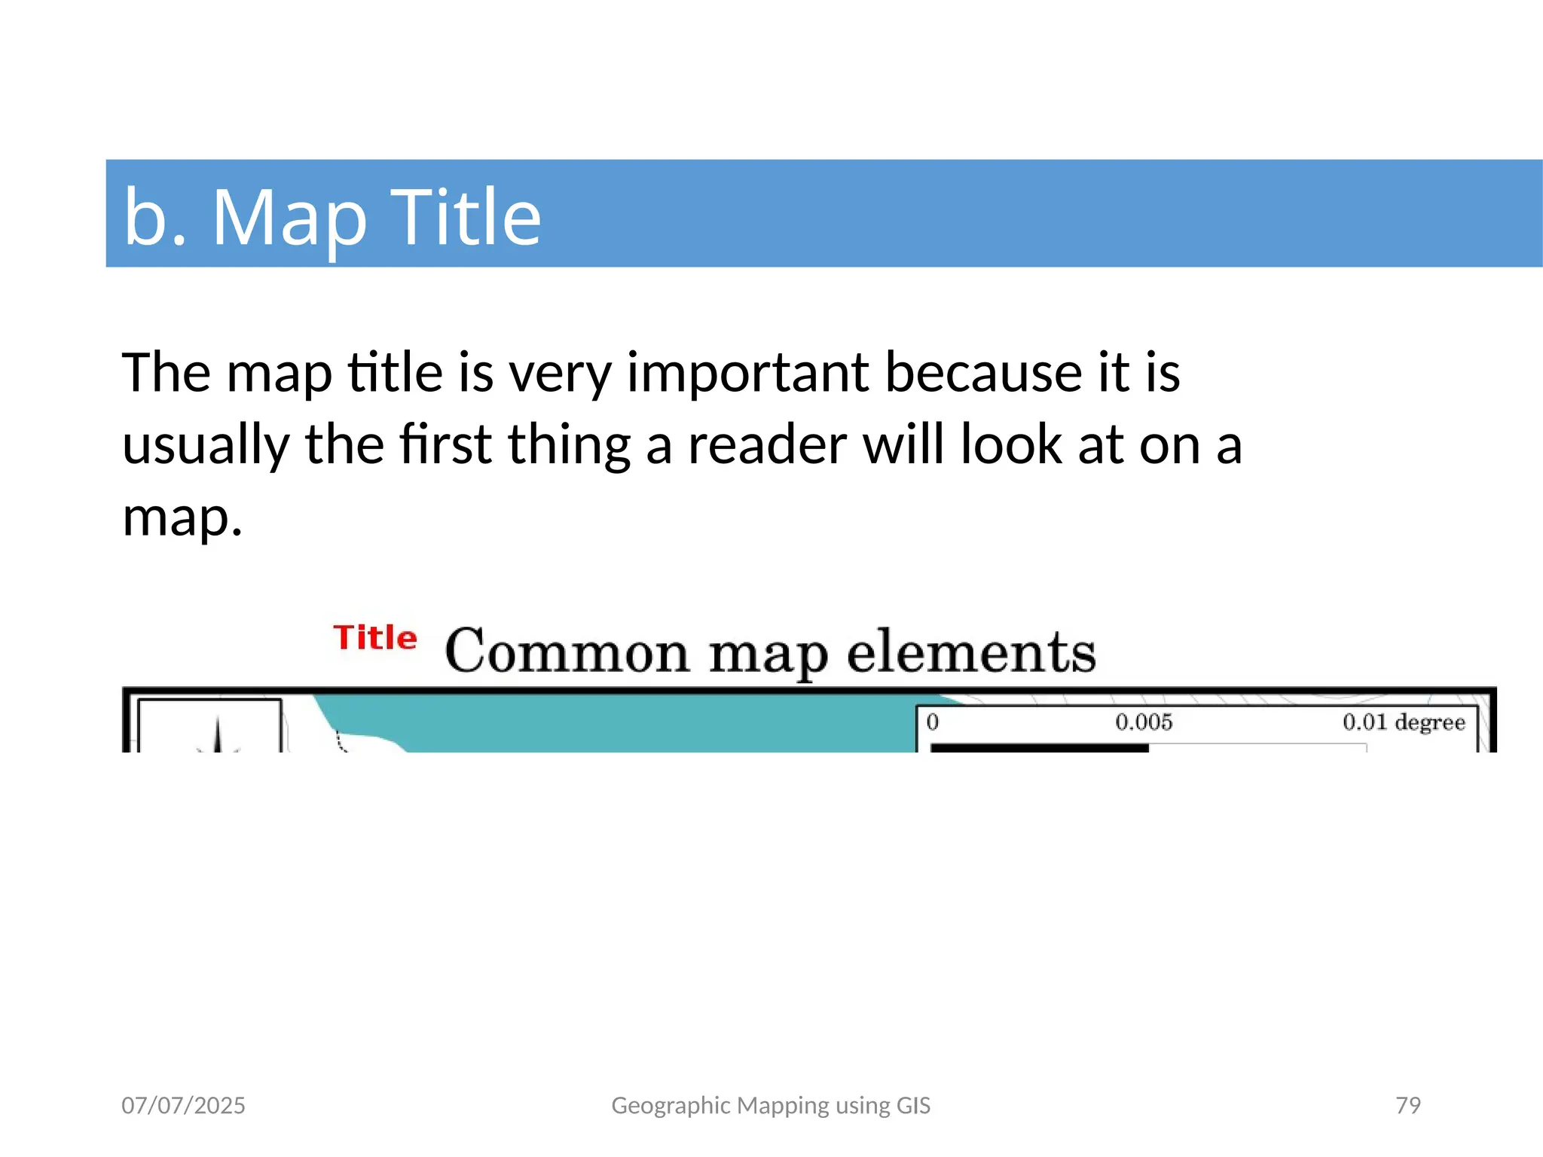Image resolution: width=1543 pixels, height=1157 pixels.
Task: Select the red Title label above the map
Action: (375, 638)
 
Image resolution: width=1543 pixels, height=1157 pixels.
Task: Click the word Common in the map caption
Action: (567, 652)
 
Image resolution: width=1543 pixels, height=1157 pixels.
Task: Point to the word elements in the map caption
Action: (971, 652)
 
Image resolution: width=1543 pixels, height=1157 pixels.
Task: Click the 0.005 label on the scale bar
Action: (1144, 722)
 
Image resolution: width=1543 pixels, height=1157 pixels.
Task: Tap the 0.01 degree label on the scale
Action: (1404, 722)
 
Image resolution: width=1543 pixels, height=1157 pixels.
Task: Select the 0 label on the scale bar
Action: (933, 722)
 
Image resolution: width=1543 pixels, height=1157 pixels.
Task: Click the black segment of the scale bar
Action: (1039, 747)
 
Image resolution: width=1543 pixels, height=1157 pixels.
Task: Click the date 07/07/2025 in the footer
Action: (183, 1105)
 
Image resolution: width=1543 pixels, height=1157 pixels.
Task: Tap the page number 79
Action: (1408, 1105)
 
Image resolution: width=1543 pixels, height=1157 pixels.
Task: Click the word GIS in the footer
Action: (913, 1105)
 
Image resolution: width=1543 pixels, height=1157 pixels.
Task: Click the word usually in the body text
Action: (206, 446)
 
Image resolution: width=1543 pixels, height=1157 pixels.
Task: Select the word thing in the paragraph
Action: (570, 446)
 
